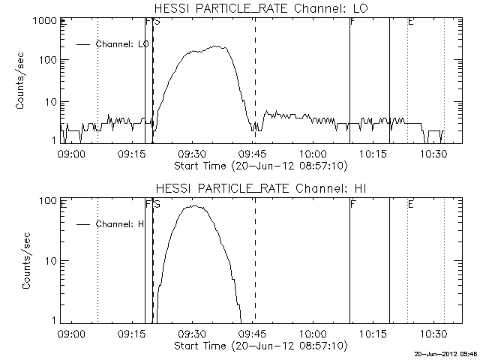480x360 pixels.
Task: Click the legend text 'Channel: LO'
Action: pyautogui.click(x=123, y=45)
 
